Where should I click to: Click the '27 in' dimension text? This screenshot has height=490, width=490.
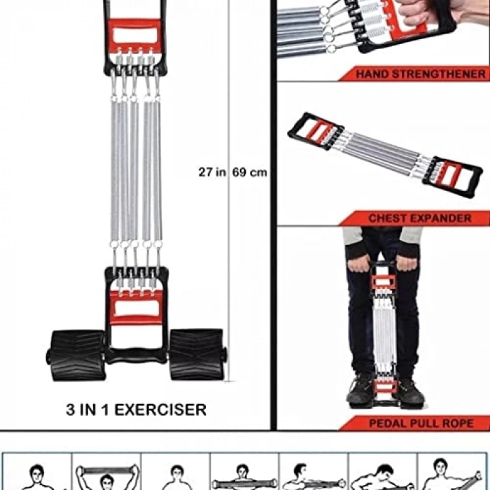click(x=212, y=172)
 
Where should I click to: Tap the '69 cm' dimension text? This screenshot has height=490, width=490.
click(x=250, y=172)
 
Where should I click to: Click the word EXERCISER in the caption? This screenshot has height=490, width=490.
click(x=160, y=409)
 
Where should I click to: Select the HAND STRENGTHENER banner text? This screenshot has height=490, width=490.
click(x=421, y=74)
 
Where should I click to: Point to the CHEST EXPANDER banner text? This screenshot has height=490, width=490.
click(x=420, y=218)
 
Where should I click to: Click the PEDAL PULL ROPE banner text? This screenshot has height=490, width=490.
click(x=421, y=423)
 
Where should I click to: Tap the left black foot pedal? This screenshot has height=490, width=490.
click(x=76, y=355)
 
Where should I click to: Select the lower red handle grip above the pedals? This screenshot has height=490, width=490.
click(x=136, y=308)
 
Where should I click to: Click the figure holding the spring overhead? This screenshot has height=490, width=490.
click(x=107, y=477)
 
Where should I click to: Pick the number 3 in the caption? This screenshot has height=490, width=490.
click(x=71, y=409)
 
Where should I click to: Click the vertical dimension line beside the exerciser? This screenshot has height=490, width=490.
click(x=229, y=190)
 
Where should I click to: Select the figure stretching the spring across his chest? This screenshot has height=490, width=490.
click(x=244, y=478)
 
